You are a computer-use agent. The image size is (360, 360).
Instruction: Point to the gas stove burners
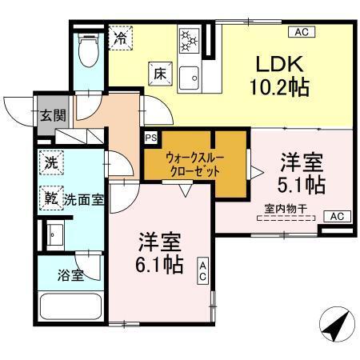pyautogui.click(x=190, y=41)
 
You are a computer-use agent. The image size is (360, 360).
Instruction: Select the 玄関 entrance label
pyautogui.click(x=50, y=114)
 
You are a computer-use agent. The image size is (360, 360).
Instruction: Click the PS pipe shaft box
pyautogui.click(x=150, y=137)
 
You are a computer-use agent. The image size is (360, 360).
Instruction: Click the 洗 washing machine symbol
pyautogui.click(x=51, y=161)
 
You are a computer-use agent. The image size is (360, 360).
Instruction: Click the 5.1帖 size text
pyautogui.click(x=302, y=185)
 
